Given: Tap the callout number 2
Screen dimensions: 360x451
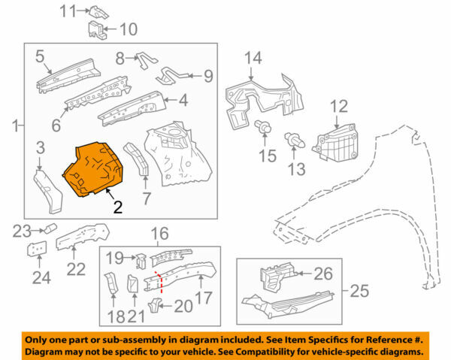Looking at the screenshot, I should click(x=117, y=207).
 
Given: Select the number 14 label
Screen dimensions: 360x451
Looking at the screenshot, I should click(x=253, y=58).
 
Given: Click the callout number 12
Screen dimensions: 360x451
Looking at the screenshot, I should click(x=340, y=107).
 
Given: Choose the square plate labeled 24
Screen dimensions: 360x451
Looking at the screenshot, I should click(x=35, y=250).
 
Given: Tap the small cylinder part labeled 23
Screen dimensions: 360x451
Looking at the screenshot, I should click(x=51, y=228).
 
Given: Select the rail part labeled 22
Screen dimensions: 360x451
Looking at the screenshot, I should click(x=78, y=239).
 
